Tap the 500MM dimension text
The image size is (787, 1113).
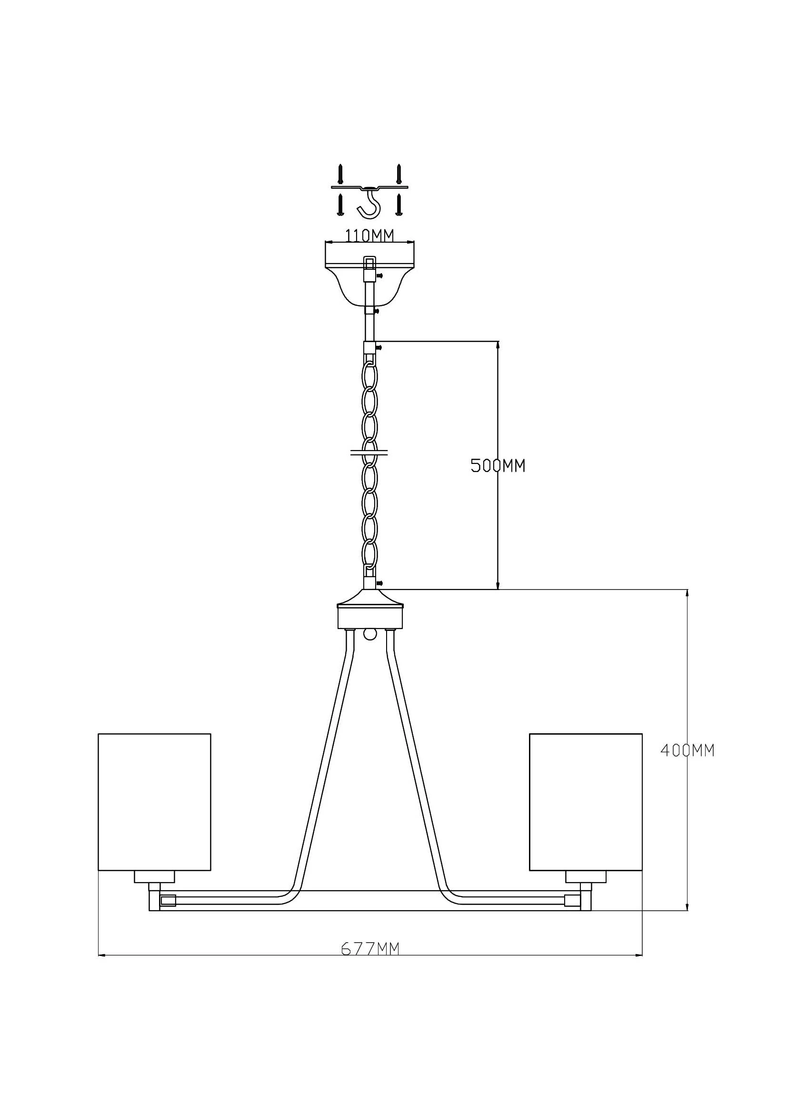tap(498, 466)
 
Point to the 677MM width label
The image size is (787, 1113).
tap(370, 948)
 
